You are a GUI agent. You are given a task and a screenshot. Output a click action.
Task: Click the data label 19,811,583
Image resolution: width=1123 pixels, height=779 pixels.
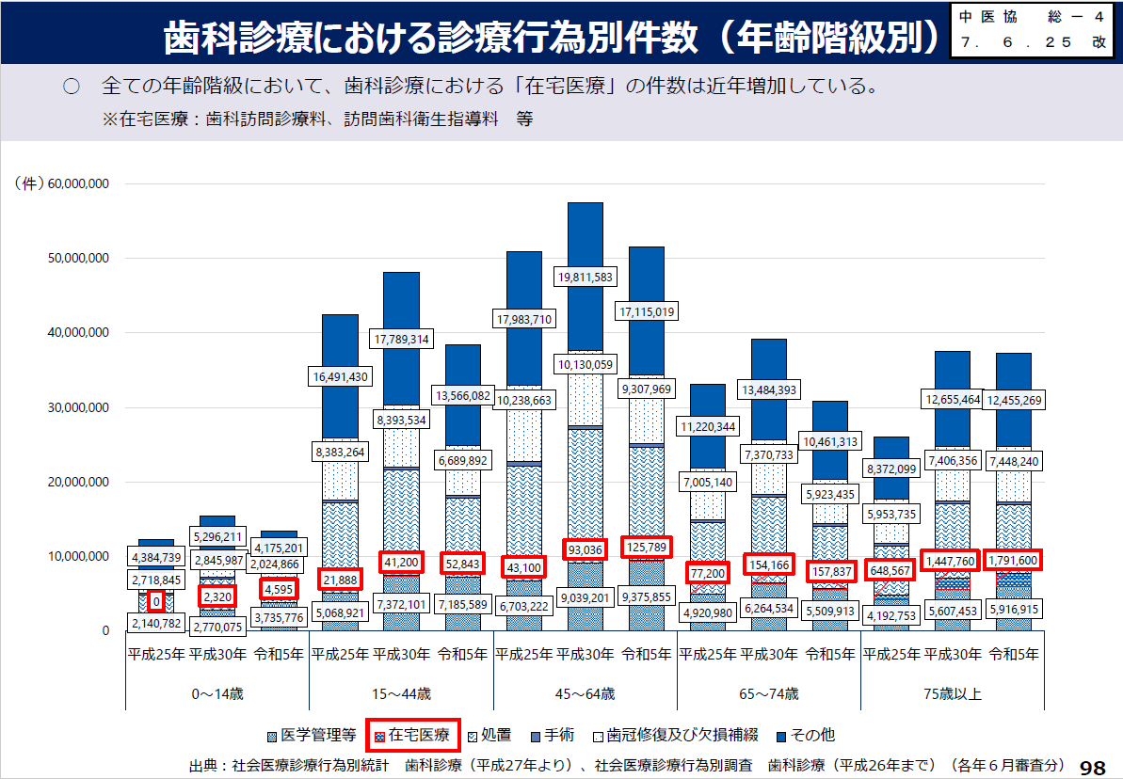tap(586, 277)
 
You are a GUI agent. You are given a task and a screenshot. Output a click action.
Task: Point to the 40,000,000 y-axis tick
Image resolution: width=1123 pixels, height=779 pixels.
tap(79, 333)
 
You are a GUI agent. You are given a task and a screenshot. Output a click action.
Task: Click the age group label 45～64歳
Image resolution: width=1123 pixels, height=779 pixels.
tap(586, 694)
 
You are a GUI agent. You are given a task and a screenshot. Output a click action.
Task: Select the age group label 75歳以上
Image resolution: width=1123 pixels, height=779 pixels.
tap(953, 694)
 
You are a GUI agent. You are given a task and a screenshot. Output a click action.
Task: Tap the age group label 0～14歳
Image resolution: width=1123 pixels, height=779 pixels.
tap(217, 694)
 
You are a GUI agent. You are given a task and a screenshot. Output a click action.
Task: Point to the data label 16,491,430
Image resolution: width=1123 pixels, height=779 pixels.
tap(340, 376)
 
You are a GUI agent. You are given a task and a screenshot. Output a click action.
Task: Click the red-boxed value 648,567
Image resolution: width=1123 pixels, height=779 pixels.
tap(890, 570)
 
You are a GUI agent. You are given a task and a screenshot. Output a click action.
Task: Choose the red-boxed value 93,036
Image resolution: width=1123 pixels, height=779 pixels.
tap(586, 548)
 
